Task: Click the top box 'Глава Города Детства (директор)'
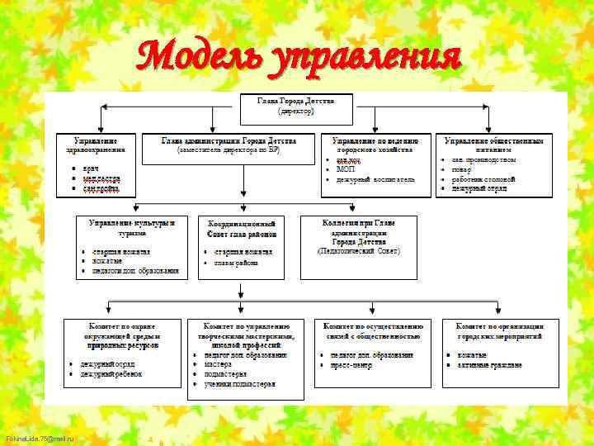click(295, 105)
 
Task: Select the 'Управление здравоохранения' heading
click(100, 145)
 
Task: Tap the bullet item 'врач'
click(91, 168)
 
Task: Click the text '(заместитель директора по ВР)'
click(229, 150)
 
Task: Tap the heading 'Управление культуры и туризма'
click(132, 228)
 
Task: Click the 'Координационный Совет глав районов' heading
click(242, 228)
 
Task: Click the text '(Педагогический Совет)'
click(358, 250)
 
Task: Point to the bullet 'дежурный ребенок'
click(111, 374)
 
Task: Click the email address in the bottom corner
click(39, 439)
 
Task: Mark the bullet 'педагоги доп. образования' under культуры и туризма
click(135, 270)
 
